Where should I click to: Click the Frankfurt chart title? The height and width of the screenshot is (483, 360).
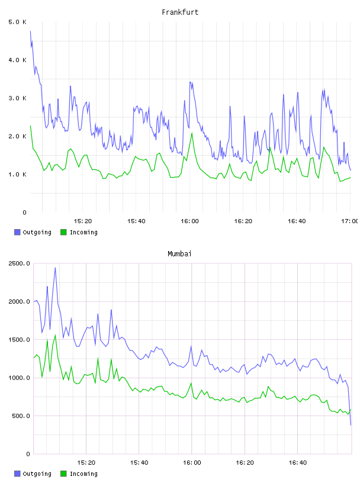[x=180, y=12]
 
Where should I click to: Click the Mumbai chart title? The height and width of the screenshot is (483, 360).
[x=179, y=254]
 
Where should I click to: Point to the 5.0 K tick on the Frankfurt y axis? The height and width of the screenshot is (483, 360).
[x=18, y=22]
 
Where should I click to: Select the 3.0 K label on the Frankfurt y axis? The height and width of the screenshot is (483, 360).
[x=18, y=98]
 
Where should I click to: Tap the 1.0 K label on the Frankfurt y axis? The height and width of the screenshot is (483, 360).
[x=18, y=175]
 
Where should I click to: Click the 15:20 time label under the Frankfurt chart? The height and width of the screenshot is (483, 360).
[x=83, y=221]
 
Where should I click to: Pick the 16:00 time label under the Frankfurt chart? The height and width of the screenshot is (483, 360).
[x=189, y=221]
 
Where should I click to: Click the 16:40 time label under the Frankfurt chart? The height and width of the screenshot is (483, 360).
[x=297, y=221]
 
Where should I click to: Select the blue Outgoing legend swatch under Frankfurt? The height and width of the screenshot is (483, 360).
[x=17, y=232]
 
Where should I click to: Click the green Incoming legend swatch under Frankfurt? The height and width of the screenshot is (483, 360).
[x=63, y=232]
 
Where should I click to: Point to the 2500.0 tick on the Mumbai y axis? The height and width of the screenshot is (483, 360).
[x=19, y=263]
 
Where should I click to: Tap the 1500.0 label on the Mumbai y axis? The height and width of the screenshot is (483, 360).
[x=19, y=340]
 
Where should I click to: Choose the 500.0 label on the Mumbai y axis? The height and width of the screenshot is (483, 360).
[x=21, y=416]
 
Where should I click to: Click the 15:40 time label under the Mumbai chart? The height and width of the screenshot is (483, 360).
[x=139, y=463]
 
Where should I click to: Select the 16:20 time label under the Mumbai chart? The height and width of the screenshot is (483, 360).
[x=245, y=463]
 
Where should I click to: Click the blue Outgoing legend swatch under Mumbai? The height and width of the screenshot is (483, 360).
[x=17, y=474]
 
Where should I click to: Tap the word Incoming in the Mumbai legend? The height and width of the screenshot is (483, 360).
[x=83, y=474]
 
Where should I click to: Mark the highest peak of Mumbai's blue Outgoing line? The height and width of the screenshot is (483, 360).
[x=55, y=268]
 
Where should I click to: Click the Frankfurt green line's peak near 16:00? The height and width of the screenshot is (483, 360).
[x=192, y=133]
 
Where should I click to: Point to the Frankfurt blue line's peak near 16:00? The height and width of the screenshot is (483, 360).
[x=191, y=82]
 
